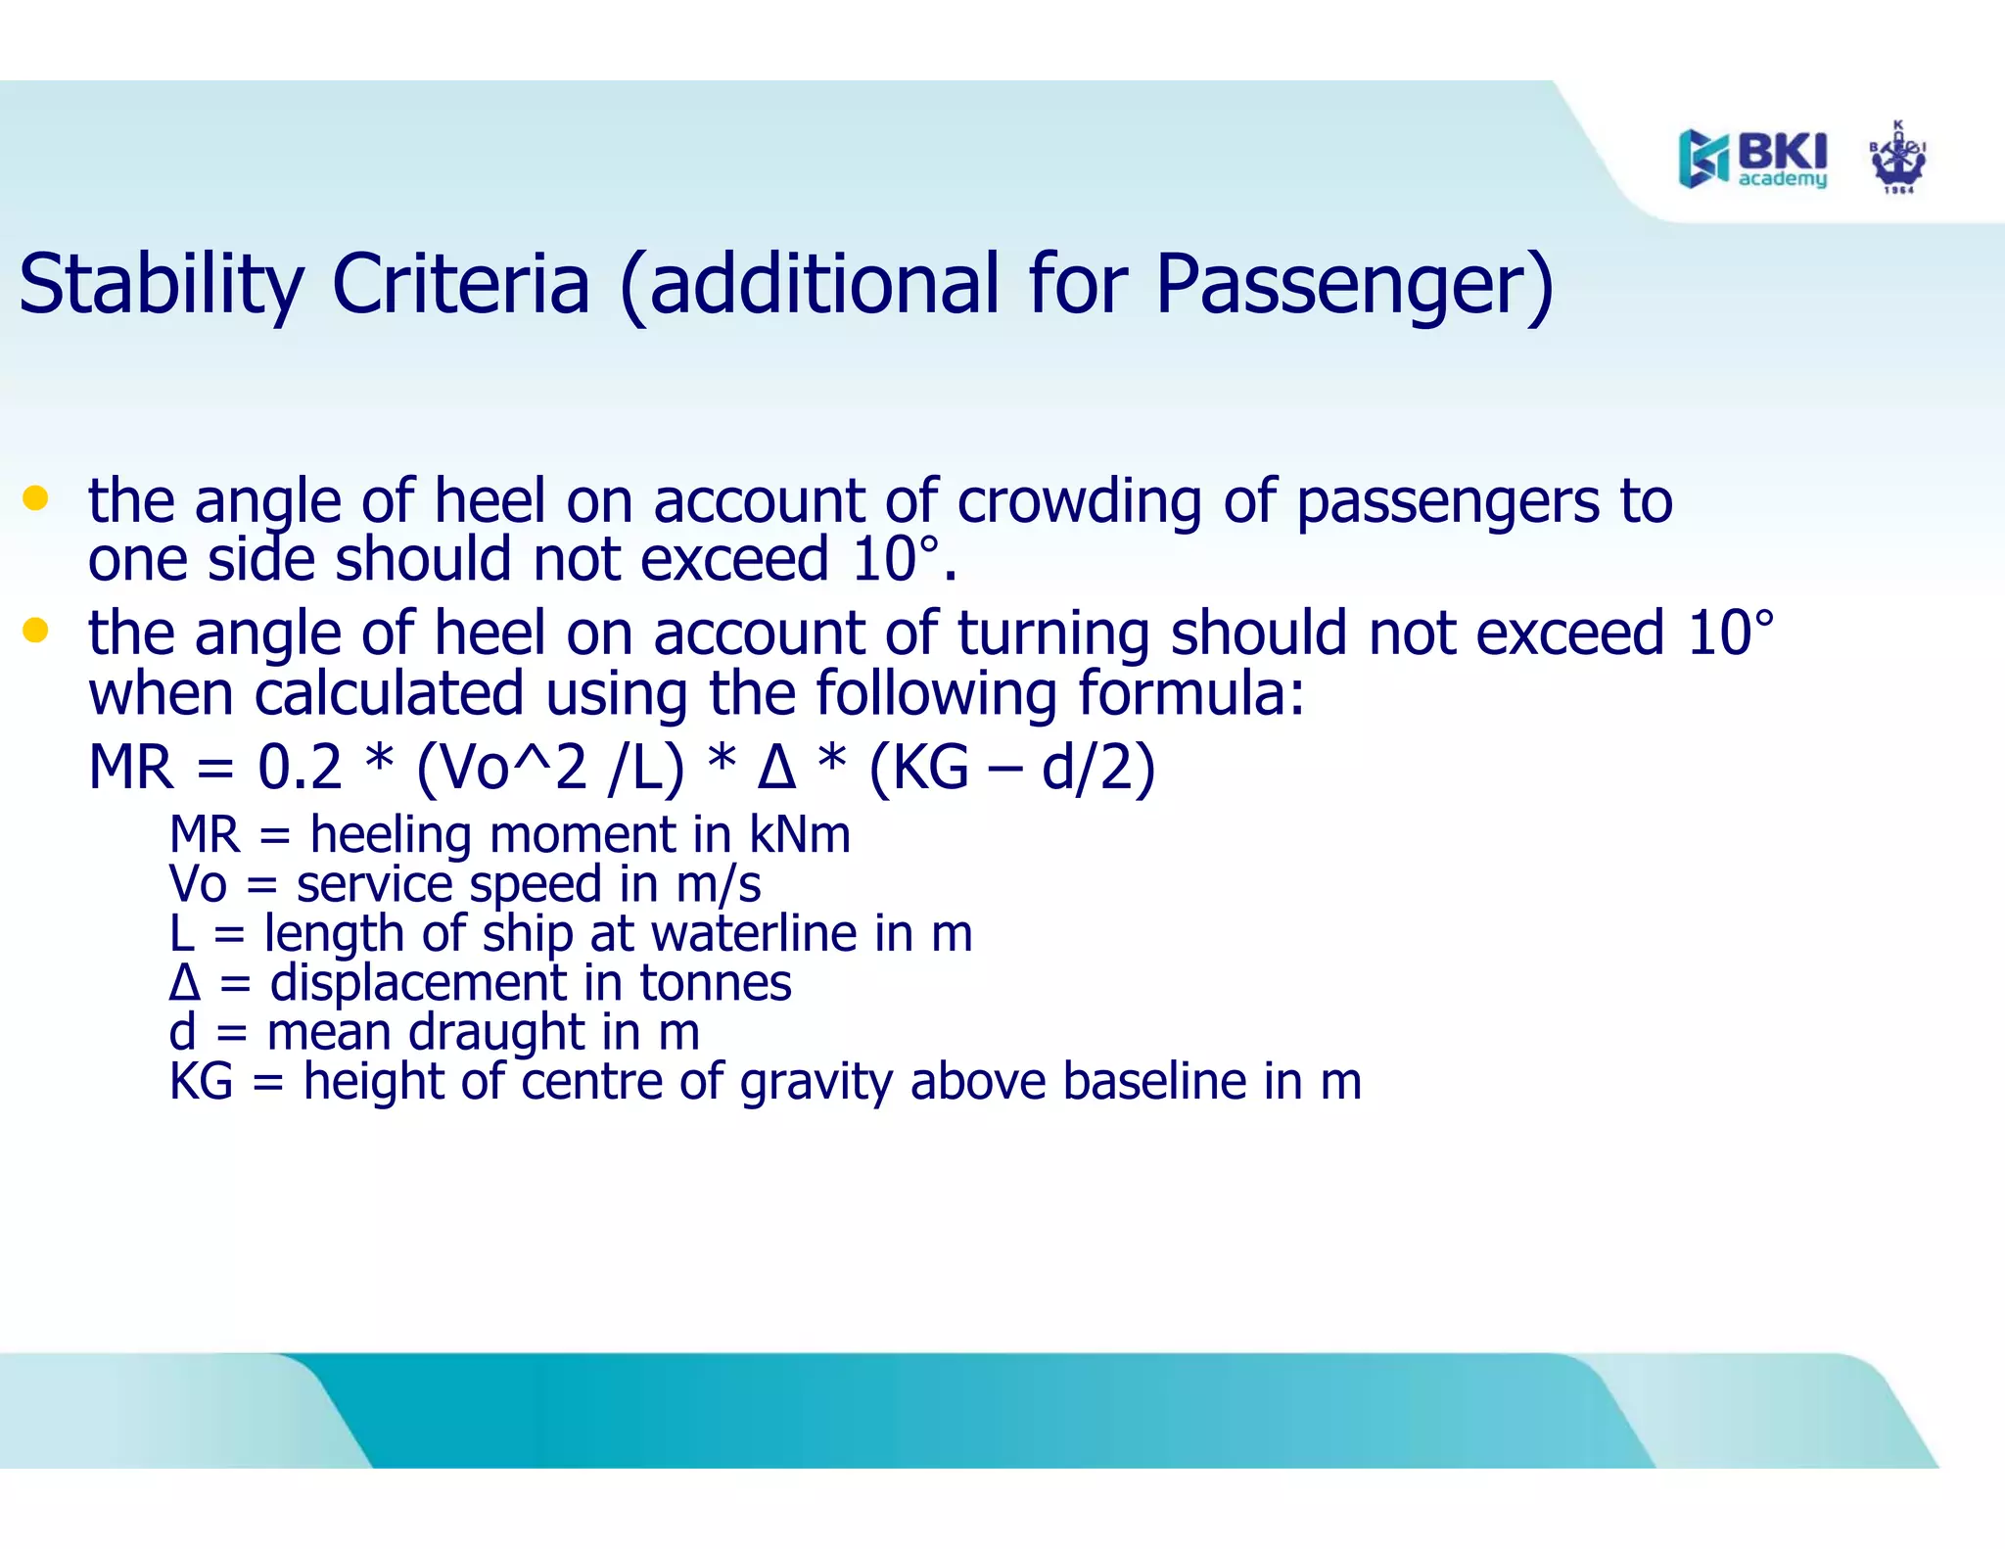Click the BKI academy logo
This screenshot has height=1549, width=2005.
click(1752, 158)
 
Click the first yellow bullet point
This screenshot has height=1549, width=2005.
click(35, 498)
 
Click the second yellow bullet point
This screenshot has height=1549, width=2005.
click(35, 630)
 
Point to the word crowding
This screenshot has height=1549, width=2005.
click(1078, 501)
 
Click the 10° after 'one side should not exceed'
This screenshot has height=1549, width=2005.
click(895, 560)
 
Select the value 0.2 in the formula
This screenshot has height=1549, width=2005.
click(300, 767)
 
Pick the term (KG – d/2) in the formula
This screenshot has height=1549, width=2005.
click(1012, 767)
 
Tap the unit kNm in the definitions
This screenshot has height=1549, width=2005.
click(799, 835)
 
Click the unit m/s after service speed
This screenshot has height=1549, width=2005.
click(718, 884)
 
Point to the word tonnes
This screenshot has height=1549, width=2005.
click(715, 982)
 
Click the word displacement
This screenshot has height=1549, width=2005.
click(418, 982)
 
